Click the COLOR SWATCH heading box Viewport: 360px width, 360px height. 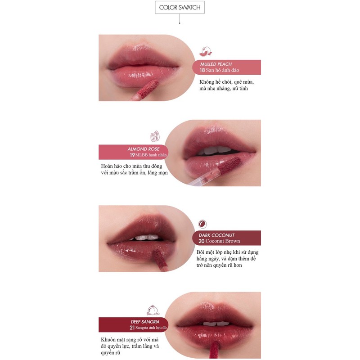click(x=180, y=8)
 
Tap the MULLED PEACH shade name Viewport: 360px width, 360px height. click(x=216, y=64)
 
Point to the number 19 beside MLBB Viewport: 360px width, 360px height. click(x=132, y=155)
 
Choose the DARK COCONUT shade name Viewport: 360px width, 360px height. click(x=216, y=235)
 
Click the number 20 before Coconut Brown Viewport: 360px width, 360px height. click(x=202, y=241)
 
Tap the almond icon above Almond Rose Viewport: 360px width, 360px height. click(x=156, y=136)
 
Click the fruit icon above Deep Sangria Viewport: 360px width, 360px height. click(x=151, y=310)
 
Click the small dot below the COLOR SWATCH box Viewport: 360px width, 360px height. click(x=180, y=22)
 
